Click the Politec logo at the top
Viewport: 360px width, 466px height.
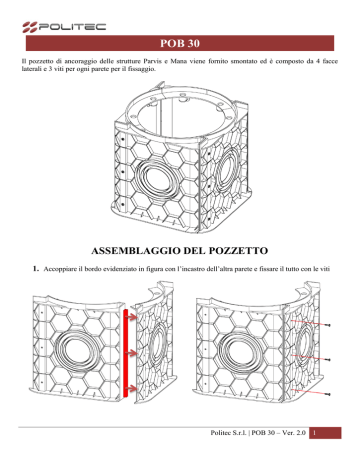pyautogui.click(x=64, y=27)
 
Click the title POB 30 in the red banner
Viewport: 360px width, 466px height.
pyautogui.click(x=180, y=43)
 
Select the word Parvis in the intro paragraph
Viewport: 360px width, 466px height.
pyautogui.click(x=153, y=61)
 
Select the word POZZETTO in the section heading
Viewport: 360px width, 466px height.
pyautogui.click(x=238, y=251)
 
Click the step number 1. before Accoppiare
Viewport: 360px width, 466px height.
pyautogui.click(x=36, y=269)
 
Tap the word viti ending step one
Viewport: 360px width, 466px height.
pyautogui.click(x=324, y=269)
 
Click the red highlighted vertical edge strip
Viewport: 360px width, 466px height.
pyautogui.click(x=126, y=353)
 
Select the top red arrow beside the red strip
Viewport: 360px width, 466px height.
pyautogui.click(x=132, y=317)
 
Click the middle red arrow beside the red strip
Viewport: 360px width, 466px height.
pyautogui.click(x=132, y=353)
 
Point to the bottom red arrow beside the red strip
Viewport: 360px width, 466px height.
pyautogui.click(x=132, y=388)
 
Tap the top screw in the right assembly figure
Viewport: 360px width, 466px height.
pyautogui.click(x=328, y=325)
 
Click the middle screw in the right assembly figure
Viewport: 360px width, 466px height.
pyautogui.click(x=328, y=360)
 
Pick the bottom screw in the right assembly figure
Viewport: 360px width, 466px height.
pyautogui.click(x=328, y=395)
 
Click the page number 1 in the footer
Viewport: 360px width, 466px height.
pyautogui.click(x=314, y=433)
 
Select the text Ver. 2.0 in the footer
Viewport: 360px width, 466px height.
pyautogui.click(x=294, y=433)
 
